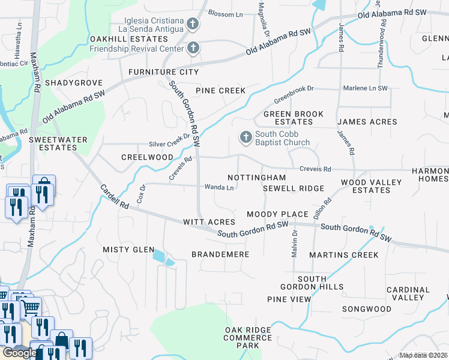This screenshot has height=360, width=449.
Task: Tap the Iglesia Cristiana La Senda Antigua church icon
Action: pyautogui.click(x=193, y=25)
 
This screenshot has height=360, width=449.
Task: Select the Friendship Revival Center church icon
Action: pyautogui.click(x=193, y=48)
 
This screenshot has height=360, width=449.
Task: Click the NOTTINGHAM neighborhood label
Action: pyautogui.click(x=256, y=178)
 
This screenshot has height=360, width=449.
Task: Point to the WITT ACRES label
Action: pyautogui.click(x=209, y=222)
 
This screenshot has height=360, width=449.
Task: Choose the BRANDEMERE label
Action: pyautogui.click(x=220, y=254)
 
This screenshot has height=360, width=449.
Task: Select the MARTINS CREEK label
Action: pyautogui.click(x=344, y=255)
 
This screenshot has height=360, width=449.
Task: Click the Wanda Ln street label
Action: pyautogui.click(x=219, y=188)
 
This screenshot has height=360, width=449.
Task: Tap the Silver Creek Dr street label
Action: pyautogui.click(x=169, y=145)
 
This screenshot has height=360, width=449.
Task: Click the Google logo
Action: pyautogui.click(x=19, y=353)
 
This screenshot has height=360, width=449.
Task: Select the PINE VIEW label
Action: pyautogui.click(x=289, y=299)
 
